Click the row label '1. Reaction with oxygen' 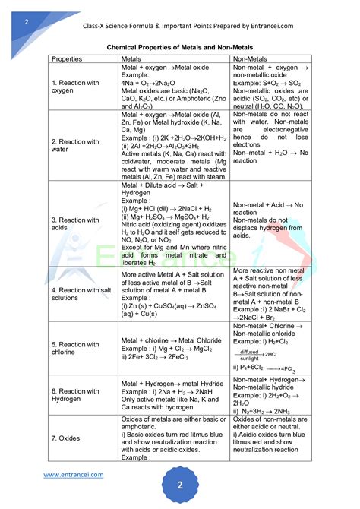[x=75, y=87]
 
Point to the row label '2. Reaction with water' [x=75, y=146]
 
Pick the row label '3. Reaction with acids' [x=75, y=225]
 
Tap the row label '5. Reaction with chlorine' [x=75, y=349]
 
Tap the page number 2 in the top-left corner [x=27, y=21]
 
